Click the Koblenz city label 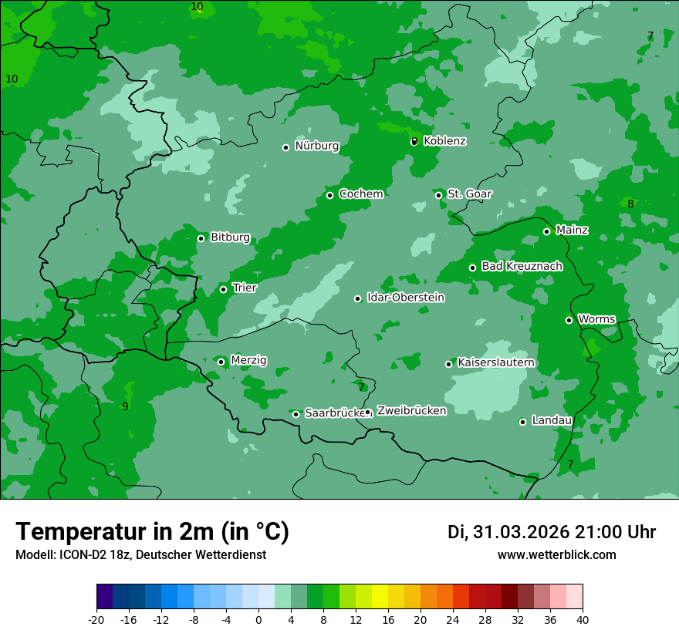pyautogui.click(x=444, y=141)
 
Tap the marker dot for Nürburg pyautogui.click(x=285, y=147)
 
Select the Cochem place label pyautogui.click(x=360, y=194)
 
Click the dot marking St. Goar pyautogui.click(x=438, y=195)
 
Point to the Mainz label pyautogui.click(x=572, y=230)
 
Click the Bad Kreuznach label pyautogui.click(x=522, y=266)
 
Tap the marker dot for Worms pyautogui.click(x=569, y=320)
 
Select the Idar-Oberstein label pyautogui.click(x=405, y=297)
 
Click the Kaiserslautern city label pyautogui.click(x=496, y=362)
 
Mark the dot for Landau pyautogui.click(x=522, y=422)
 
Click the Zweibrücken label pyautogui.click(x=411, y=411)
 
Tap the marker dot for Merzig pyautogui.click(x=221, y=362)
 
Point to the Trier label pyautogui.click(x=245, y=288)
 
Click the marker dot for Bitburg pyautogui.click(x=201, y=238)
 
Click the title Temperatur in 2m pyautogui.click(x=152, y=531)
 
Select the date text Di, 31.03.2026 pyautogui.click(x=508, y=532)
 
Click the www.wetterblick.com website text pyautogui.click(x=556, y=555)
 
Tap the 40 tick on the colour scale pyautogui.click(x=583, y=619)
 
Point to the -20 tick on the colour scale pyautogui.click(x=96, y=619)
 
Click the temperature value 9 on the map pyautogui.click(x=125, y=406)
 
